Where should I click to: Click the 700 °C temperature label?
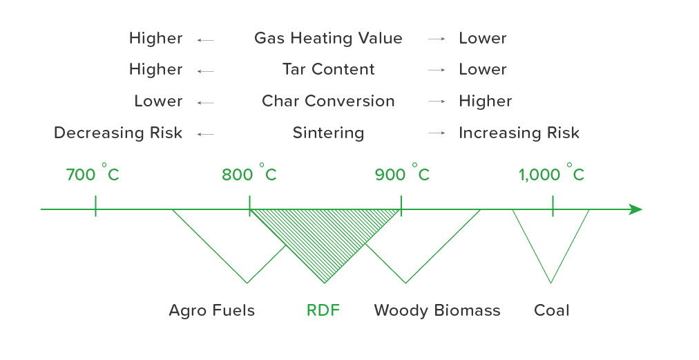pos(93,173)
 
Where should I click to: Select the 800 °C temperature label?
pos(249,173)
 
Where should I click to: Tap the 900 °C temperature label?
pos(402,173)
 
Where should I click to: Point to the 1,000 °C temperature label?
pos(551,173)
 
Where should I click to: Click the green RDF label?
pos(323,310)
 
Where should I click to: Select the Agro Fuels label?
pos(212,310)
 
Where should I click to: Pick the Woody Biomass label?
pos(437,310)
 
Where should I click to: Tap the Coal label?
pos(551,310)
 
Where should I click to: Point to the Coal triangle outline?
pos(531,246)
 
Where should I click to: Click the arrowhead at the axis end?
pos(635,209)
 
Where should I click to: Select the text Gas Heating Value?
pos(328,39)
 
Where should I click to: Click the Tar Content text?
pos(329,70)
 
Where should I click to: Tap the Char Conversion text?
pos(328,102)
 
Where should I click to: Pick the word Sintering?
pos(328,133)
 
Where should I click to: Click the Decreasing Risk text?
pos(118,133)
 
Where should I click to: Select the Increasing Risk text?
pos(519,133)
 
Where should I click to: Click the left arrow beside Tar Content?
pos(206,71)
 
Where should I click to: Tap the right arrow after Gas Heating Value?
pos(437,39)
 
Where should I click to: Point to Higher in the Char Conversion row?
pos(486,102)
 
